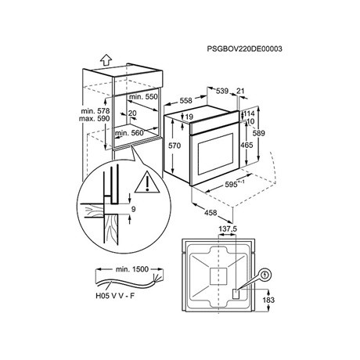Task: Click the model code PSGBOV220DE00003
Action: click(244, 49)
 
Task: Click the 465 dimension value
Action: click(247, 145)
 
